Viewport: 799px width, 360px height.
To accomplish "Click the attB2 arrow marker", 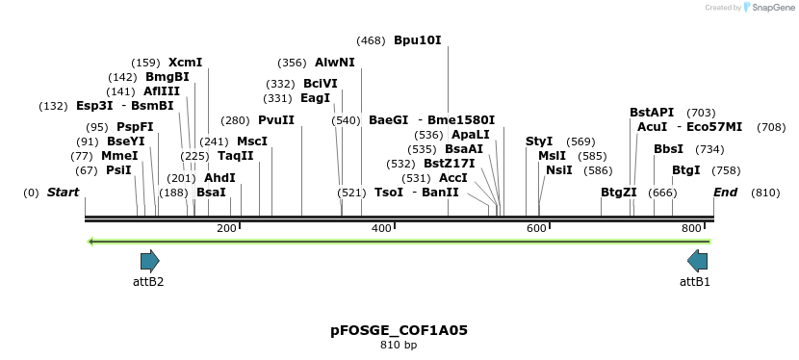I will click(x=149, y=261).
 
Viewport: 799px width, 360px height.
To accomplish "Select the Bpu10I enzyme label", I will click(x=417, y=40).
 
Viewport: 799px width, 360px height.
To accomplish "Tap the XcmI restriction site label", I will click(x=185, y=63).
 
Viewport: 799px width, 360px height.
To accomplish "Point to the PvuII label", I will click(x=276, y=120).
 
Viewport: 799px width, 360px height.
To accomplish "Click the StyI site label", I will click(x=539, y=141).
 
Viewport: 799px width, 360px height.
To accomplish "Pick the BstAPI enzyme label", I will click(x=652, y=113).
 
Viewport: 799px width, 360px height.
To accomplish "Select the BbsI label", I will click(x=668, y=149).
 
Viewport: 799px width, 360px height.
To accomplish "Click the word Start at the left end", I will click(x=63, y=193).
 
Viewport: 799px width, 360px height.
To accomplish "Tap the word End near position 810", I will click(x=725, y=193).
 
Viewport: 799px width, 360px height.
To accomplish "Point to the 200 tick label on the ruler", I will click(x=226, y=228).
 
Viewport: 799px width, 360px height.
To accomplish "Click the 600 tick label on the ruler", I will click(x=536, y=228).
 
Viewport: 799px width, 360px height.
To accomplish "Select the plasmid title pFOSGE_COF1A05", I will click(x=399, y=330).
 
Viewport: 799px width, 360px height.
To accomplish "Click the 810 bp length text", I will click(x=399, y=345).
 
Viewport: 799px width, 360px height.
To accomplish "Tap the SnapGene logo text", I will click(x=767, y=8).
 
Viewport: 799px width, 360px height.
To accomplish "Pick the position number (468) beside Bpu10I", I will click(x=371, y=40).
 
